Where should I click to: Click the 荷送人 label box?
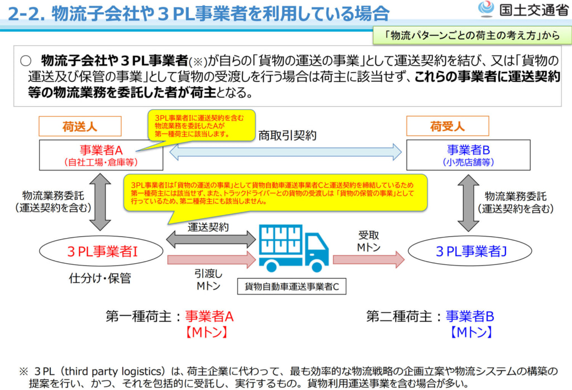coord(79,127)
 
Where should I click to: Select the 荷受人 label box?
coord(447,126)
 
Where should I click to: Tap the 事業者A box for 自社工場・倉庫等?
coord(101,155)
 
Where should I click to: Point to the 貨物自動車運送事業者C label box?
coord(292,287)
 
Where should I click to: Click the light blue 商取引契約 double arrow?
coord(285,152)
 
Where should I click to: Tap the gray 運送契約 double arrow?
coord(211,240)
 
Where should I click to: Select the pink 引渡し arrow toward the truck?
coord(211,259)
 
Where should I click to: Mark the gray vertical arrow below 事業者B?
coord(469,203)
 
